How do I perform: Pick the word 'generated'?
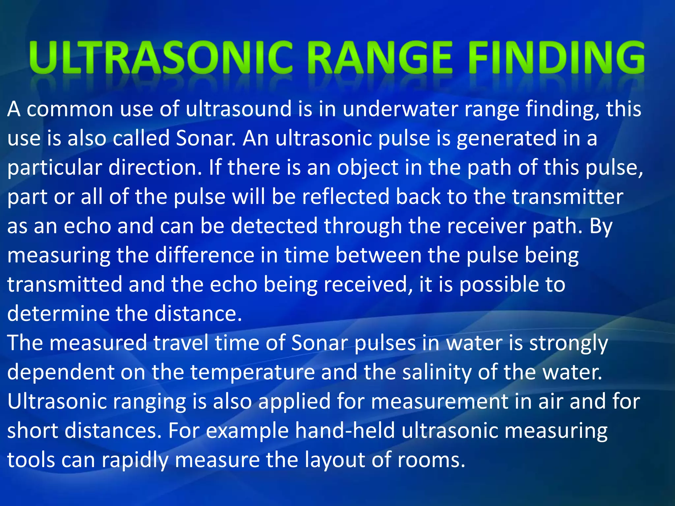pyautogui.click(x=506, y=138)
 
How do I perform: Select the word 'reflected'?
pyautogui.click(x=346, y=197)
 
